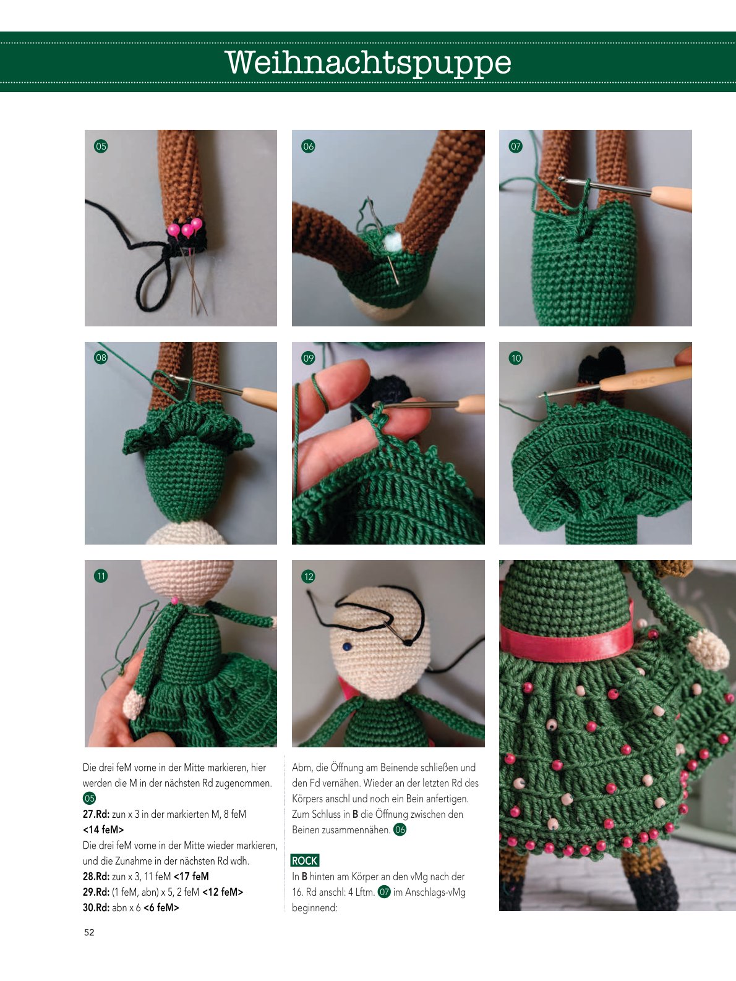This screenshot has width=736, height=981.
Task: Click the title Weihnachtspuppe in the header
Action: [368, 62]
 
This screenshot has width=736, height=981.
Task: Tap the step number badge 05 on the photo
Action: [101, 146]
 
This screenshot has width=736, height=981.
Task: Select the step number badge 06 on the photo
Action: [308, 146]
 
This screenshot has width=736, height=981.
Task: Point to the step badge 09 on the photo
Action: [308, 358]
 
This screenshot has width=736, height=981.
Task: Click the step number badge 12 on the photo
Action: [308, 576]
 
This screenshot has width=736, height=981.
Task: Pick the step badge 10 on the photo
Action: [516, 358]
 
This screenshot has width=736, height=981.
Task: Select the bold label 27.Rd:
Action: [96, 814]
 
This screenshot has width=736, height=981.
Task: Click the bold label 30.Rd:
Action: [96, 907]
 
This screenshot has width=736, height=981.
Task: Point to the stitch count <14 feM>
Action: [103, 830]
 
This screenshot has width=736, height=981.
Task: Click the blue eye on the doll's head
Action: [346, 647]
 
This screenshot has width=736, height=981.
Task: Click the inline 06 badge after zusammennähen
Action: [400, 830]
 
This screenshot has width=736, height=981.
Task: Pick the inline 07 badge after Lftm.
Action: [384, 892]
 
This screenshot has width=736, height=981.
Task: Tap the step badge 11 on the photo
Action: [101, 576]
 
